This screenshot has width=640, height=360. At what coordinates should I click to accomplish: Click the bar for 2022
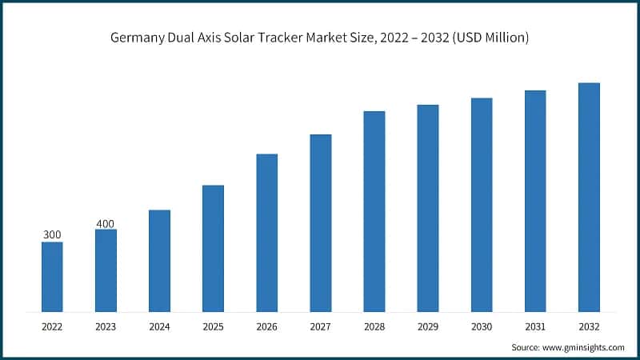(x=52, y=277)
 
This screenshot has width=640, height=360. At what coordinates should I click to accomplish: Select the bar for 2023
(x=106, y=270)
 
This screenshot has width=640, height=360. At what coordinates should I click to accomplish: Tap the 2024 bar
(x=159, y=261)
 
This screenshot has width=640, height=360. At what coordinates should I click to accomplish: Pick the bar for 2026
(x=266, y=233)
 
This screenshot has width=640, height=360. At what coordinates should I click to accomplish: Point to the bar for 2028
(x=374, y=211)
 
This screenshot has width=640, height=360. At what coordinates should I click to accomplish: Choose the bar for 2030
(x=482, y=205)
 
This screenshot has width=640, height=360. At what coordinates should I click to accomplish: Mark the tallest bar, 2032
(x=589, y=197)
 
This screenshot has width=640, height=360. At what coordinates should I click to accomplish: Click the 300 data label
(x=52, y=234)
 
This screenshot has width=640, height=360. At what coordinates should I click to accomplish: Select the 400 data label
(x=106, y=222)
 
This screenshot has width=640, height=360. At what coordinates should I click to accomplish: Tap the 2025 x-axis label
(x=213, y=326)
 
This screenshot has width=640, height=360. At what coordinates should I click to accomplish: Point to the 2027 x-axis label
(x=320, y=326)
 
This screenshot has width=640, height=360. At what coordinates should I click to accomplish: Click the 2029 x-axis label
(x=427, y=326)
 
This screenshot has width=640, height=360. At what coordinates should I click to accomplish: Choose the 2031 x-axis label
(x=535, y=326)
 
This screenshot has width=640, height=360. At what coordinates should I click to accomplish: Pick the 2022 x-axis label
(x=52, y=326)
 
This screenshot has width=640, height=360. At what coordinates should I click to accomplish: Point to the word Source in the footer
(x=525, y=347)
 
